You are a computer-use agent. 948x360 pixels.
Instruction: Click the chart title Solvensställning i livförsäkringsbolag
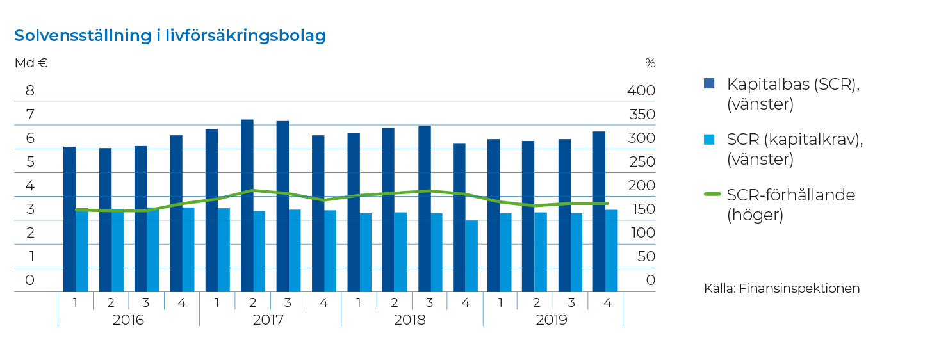(x=170, y=36)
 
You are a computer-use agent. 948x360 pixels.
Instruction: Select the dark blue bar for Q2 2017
(x=247, y=205)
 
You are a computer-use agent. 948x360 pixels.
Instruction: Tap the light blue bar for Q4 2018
(x=471, y=256)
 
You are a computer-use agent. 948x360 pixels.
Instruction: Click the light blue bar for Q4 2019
(x=612, y=250)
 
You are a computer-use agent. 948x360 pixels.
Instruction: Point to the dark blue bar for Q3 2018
(x=424, y=209)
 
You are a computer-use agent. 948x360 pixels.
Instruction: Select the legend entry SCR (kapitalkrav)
(x=794, y=149)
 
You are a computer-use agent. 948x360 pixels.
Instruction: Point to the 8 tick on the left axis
(x=30, y=90)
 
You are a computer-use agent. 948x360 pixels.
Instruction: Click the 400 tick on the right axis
(x=641, y=90)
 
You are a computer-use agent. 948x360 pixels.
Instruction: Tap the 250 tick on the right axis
(x=641, y=161)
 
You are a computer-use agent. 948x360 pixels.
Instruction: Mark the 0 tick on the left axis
(x=30, y=280)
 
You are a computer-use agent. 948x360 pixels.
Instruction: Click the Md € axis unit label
(x=31, y=63)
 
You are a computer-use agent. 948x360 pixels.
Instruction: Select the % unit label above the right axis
(x=650, y=63)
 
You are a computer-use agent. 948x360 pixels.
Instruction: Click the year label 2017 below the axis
(x=269, y=320)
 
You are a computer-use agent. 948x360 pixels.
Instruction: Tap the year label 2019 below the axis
(x=552, y=320)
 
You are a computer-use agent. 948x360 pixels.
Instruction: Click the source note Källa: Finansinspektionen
(x=781, y=288)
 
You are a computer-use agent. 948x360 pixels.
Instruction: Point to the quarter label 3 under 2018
(x=430, y=302)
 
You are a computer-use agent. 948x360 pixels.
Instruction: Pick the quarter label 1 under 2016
(x=76, y=302)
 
